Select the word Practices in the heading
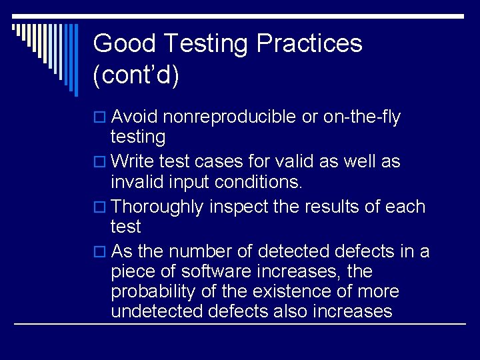[x=309, y=44]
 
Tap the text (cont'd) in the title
[x=137, y=76]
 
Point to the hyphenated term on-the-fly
[x=361, y=117]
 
